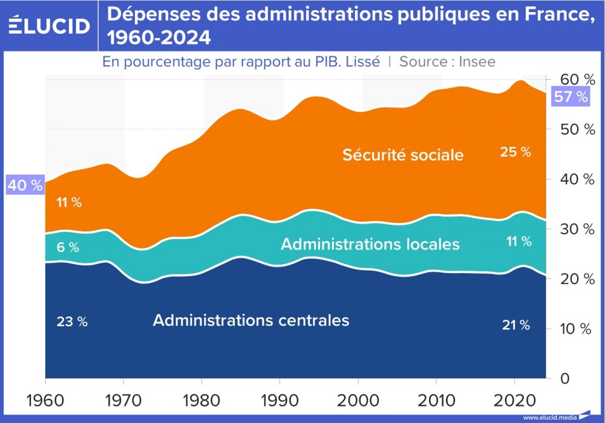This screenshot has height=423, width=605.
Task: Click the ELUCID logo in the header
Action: (50, 25)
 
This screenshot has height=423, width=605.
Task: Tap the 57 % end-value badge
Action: (571, 97)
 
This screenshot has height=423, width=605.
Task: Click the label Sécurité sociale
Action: (403, 155)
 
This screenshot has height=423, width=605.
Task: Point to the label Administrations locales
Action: (370, 244)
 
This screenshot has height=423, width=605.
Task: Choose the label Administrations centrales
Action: (251, 320)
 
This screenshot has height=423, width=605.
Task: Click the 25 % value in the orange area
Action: (515, 152)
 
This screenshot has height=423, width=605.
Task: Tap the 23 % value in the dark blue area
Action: (72, 322)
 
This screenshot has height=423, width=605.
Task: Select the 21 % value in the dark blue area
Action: (515, 325)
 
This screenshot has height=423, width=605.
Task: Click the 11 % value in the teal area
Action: (518, 242)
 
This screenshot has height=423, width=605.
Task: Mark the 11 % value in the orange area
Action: (69, 202)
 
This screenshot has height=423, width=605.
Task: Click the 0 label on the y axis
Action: (564, 378)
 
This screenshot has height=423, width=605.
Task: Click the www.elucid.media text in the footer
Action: (549, 418)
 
